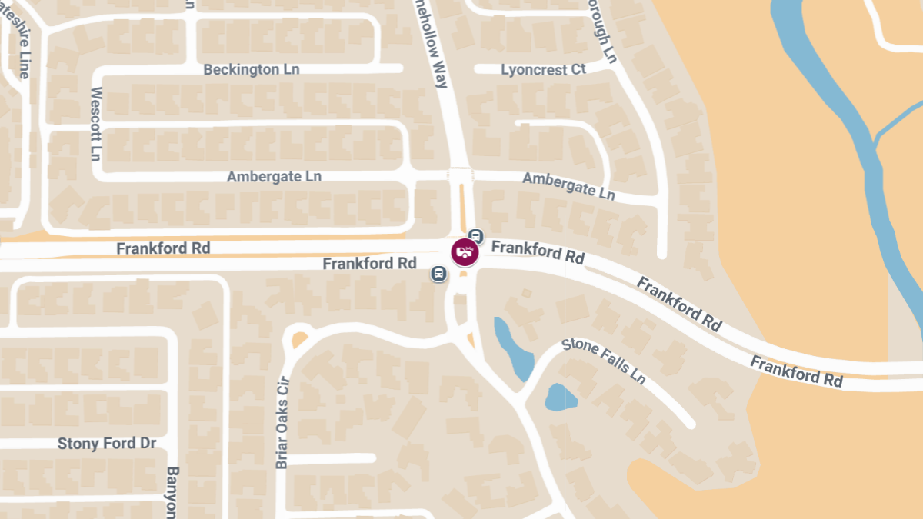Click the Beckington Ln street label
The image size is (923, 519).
(251, 69)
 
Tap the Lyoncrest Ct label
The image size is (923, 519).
(543, 69)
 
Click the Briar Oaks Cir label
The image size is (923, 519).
(282, 421)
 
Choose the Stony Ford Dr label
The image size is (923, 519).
(107, 444)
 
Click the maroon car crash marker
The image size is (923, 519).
(465, 251)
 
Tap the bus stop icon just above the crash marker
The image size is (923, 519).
(476, 235)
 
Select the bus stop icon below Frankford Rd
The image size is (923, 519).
(438, 273)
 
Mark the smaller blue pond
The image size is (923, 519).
(560, 398)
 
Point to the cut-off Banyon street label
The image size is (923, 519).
(172, 492)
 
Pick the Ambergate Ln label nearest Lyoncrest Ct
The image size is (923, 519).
(568, 185)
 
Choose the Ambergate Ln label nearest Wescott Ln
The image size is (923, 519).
(274, 176)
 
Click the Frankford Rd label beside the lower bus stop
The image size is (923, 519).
(369, 263)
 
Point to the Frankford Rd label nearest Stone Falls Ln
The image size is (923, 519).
(679, 304)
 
